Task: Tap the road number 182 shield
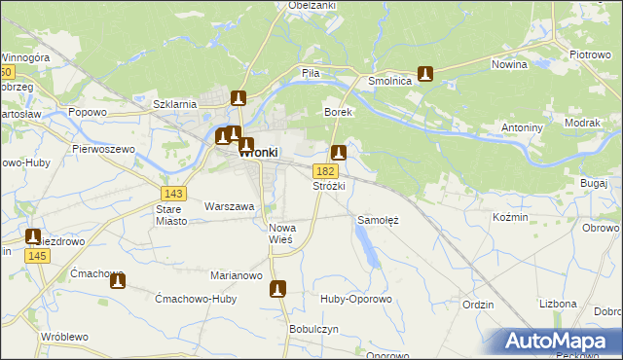pos(326,171)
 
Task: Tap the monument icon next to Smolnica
pos(425,73)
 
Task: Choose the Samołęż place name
pos(380,220)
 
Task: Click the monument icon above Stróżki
pos(339,153)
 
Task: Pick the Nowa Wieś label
pos(282,234)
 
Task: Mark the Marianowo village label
pos(238,275)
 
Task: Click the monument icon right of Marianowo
pos(278,289)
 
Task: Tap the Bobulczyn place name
pos(313,329)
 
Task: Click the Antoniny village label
pos(522,127)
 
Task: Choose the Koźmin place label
pos(511,217)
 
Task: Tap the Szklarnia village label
pos(176,103)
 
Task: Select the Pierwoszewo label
pos(102,149)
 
